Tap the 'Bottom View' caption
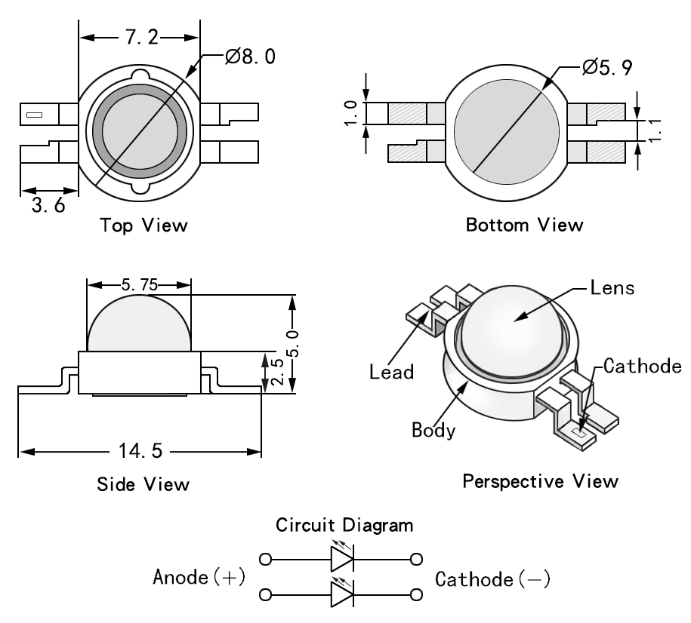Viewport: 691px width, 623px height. pos(524,225)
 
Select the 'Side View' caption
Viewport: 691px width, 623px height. pos(143,483)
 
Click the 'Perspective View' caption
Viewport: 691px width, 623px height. pos(540,480)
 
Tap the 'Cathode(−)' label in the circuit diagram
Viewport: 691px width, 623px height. pos(493,579)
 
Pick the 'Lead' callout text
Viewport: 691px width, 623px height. pos(391,371)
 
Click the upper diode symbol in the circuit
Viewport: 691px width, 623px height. pos(341,560)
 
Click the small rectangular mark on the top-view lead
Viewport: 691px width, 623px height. pos(35,115)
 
